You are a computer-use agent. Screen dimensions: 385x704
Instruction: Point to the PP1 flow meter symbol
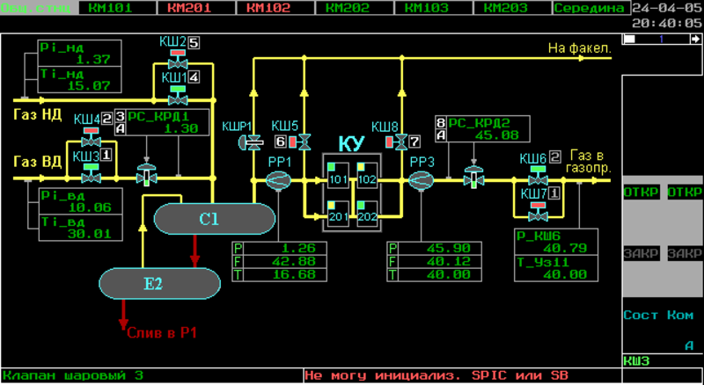coord(278,179)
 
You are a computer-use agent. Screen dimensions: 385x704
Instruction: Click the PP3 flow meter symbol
coord(422,179)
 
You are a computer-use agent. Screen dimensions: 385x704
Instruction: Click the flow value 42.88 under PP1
coord(294,261)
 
